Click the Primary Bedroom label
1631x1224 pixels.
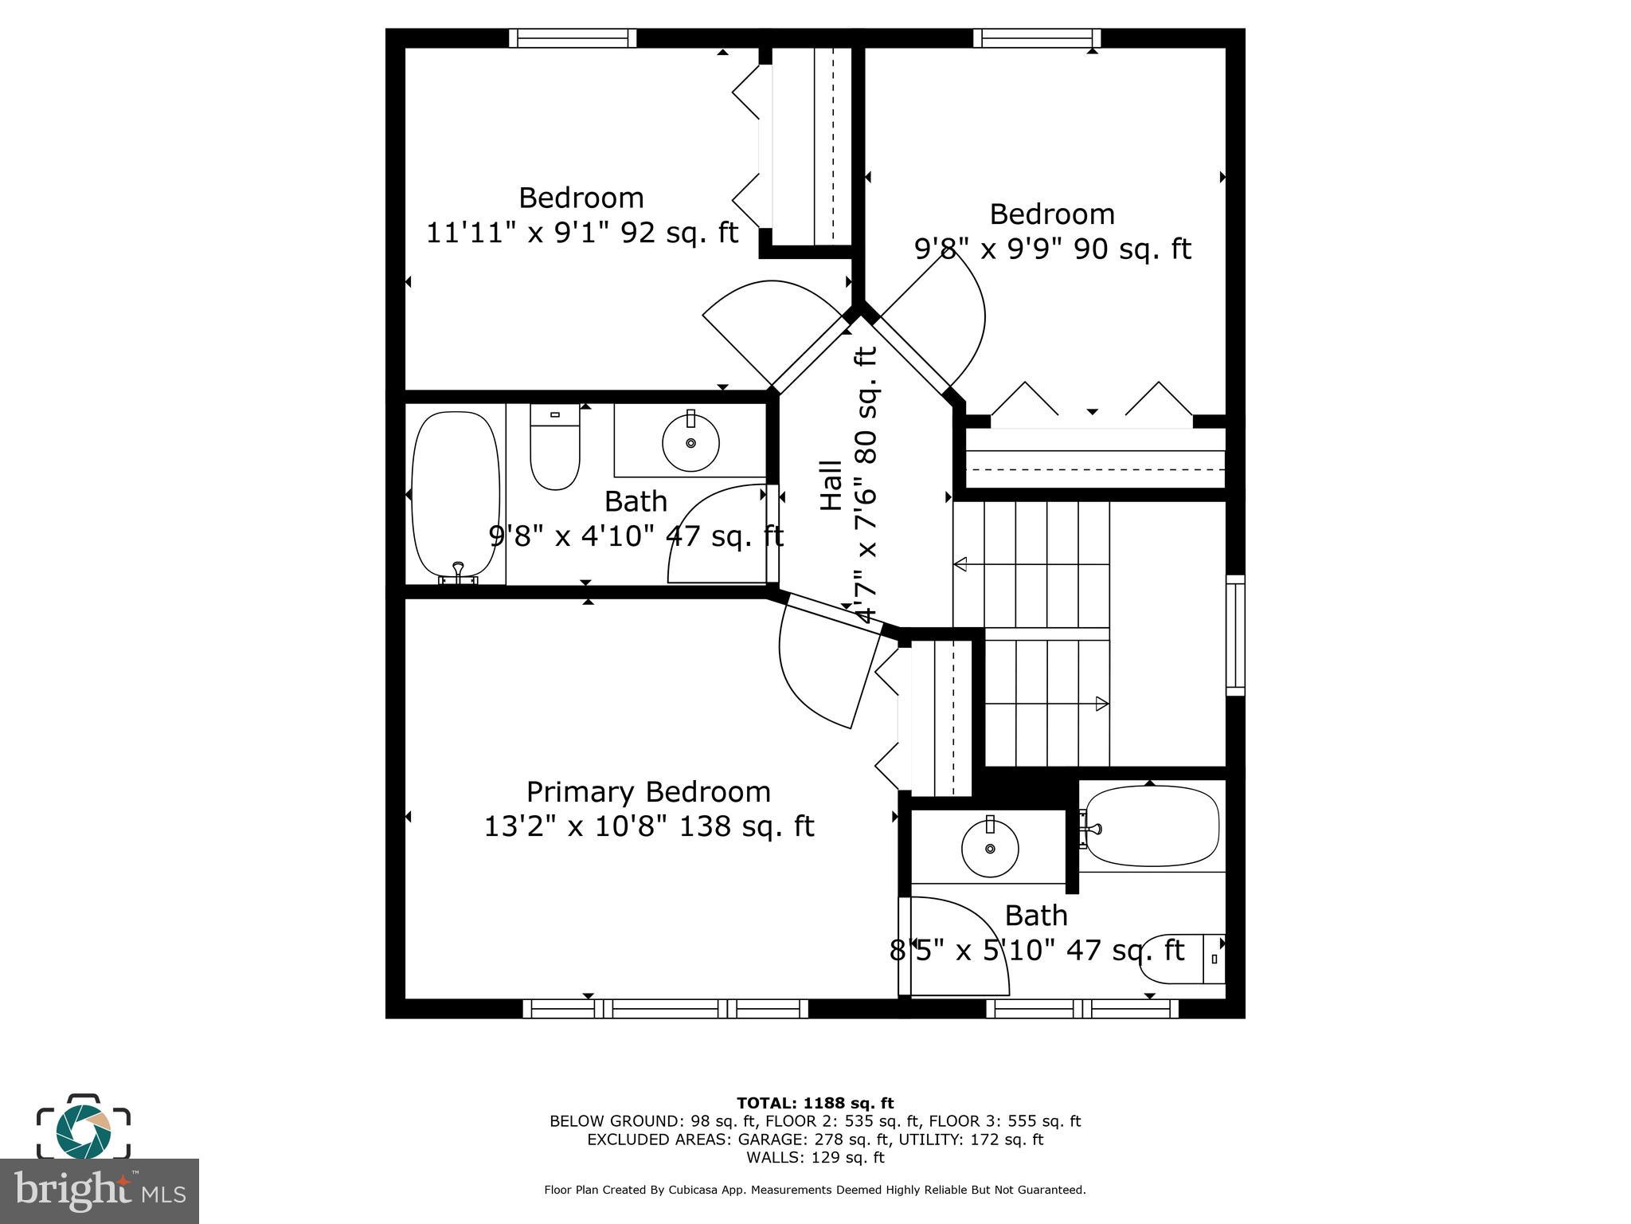coord(648,792)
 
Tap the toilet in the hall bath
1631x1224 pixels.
coord(554,451)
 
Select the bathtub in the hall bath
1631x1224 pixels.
coord(456,496)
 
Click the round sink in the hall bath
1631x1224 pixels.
coord(690,442)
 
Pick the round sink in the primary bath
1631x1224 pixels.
coord(990,848)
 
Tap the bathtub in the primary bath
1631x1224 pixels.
coord(1152,826)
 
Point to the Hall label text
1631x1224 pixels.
coord(831,485)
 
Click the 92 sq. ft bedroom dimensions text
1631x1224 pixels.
coord(581,233)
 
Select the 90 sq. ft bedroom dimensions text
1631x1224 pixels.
coord(1051,249)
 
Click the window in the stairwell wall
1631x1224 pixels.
coord(1234,634)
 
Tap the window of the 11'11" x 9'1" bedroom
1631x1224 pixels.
coord(573,38)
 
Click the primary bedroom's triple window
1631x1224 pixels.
coord(666,1009)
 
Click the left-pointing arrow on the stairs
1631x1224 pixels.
coord(960,564)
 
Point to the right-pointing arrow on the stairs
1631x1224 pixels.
coord(1102,704)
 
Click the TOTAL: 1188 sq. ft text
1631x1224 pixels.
coord(815,1104)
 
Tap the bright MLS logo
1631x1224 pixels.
coord(99,1191)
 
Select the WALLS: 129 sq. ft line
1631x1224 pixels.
coord(815,1157)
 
